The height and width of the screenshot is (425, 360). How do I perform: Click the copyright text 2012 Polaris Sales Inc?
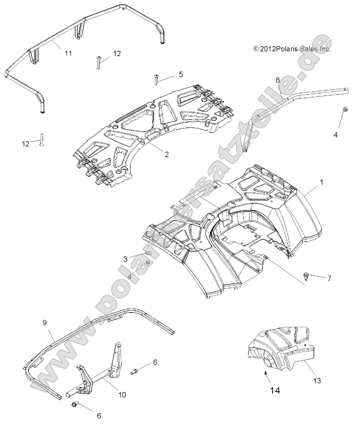[x=292, y=49]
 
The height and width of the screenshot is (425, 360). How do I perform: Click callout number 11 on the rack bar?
[x=68, y=53]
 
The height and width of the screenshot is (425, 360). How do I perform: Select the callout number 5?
[x=181, y=75]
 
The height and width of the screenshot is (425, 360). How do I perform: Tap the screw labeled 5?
[x=157, y=79]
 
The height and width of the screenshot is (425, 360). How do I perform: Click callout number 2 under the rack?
[x=166, y=155]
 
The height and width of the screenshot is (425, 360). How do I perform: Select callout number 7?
[x=329, y=278]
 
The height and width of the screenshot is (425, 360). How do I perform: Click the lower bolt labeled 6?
[x=75, y=405]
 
